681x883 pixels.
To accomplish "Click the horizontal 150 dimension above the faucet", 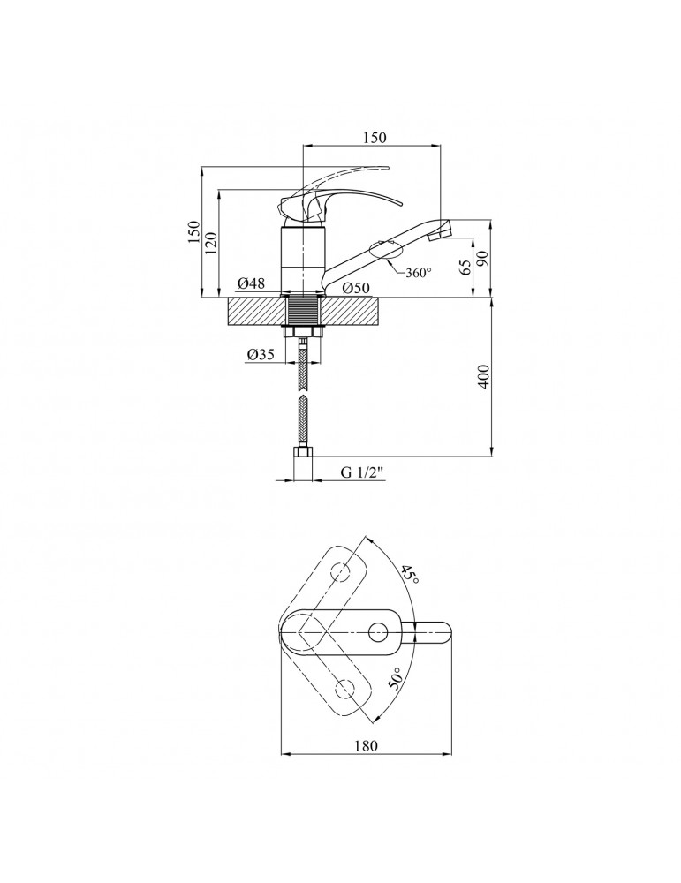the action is click(375, 138).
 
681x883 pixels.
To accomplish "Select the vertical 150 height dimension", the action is click(193, 232).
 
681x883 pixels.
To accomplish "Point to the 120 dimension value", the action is click(211, 243).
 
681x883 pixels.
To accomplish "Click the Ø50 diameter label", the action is click(356, 288).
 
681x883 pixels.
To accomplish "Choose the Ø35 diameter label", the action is click(261, 354).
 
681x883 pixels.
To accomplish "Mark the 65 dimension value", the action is click(465, 268).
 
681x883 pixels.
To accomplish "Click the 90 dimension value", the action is click(482, 259).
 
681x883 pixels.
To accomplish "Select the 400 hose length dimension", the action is click(483, 376).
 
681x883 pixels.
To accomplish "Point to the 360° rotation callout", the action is click(418, 272).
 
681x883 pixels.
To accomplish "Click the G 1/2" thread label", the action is click(362, 472).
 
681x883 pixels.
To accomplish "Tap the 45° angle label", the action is click(410, 575).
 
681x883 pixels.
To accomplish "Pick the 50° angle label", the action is click(396, 679).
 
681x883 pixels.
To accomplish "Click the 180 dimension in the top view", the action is click(367, 745).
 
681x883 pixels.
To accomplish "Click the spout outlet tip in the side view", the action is click(444, 230).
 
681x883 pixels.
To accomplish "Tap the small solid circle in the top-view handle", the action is click(378, 632).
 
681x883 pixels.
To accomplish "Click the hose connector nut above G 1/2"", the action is click(303, 453).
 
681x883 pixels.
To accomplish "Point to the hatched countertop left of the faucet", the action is click(254, 312).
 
